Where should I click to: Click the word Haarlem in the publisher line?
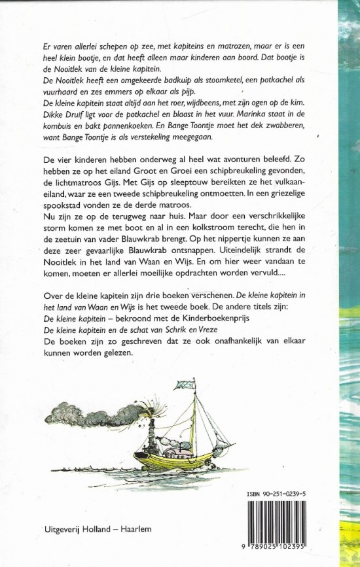coord(136,527)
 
